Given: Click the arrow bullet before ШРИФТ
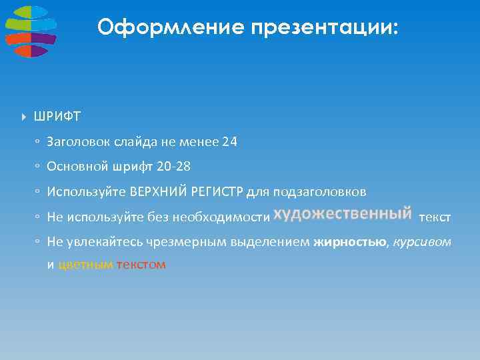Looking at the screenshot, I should [24, 117].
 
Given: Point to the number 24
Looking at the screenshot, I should [230, 142].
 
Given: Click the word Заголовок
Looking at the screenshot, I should [78, 142].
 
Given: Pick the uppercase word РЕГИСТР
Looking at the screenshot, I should [217, 193].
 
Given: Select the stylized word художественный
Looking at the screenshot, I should [343, 214].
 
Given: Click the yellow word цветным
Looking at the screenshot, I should [86, 265].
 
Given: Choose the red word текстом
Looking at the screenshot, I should [141, 265].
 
